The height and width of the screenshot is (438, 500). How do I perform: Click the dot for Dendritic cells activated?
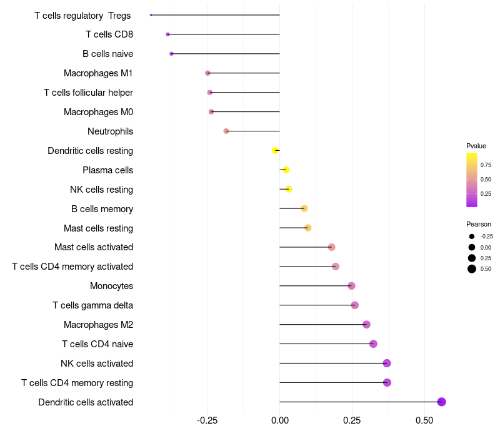click(441, 402)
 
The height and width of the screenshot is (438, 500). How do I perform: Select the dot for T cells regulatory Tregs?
click(151, 15)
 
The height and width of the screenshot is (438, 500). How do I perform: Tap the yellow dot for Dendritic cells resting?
click(275, 150)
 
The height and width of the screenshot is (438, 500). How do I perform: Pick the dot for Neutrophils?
click(226, 131)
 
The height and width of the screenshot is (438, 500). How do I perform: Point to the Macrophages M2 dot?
click(366, 324)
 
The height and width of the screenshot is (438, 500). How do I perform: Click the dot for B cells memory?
click(304, 208)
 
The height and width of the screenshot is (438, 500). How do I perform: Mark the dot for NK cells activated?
click(387, 363)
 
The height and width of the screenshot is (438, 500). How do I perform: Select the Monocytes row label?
click(111, 286)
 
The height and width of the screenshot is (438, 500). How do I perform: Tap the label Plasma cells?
click(107, 170)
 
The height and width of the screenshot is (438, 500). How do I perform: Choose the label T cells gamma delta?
click(92, 305)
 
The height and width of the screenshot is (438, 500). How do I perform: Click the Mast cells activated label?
click(94, 247)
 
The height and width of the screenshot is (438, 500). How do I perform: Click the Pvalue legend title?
click(476, 146)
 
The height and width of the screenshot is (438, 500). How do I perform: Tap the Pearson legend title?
click(479, 224)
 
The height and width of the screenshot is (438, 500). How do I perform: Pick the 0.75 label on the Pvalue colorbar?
click(486, 165)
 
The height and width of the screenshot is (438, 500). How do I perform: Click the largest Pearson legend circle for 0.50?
click(472, 269)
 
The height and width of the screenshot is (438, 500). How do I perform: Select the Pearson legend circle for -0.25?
click(472, 237)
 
